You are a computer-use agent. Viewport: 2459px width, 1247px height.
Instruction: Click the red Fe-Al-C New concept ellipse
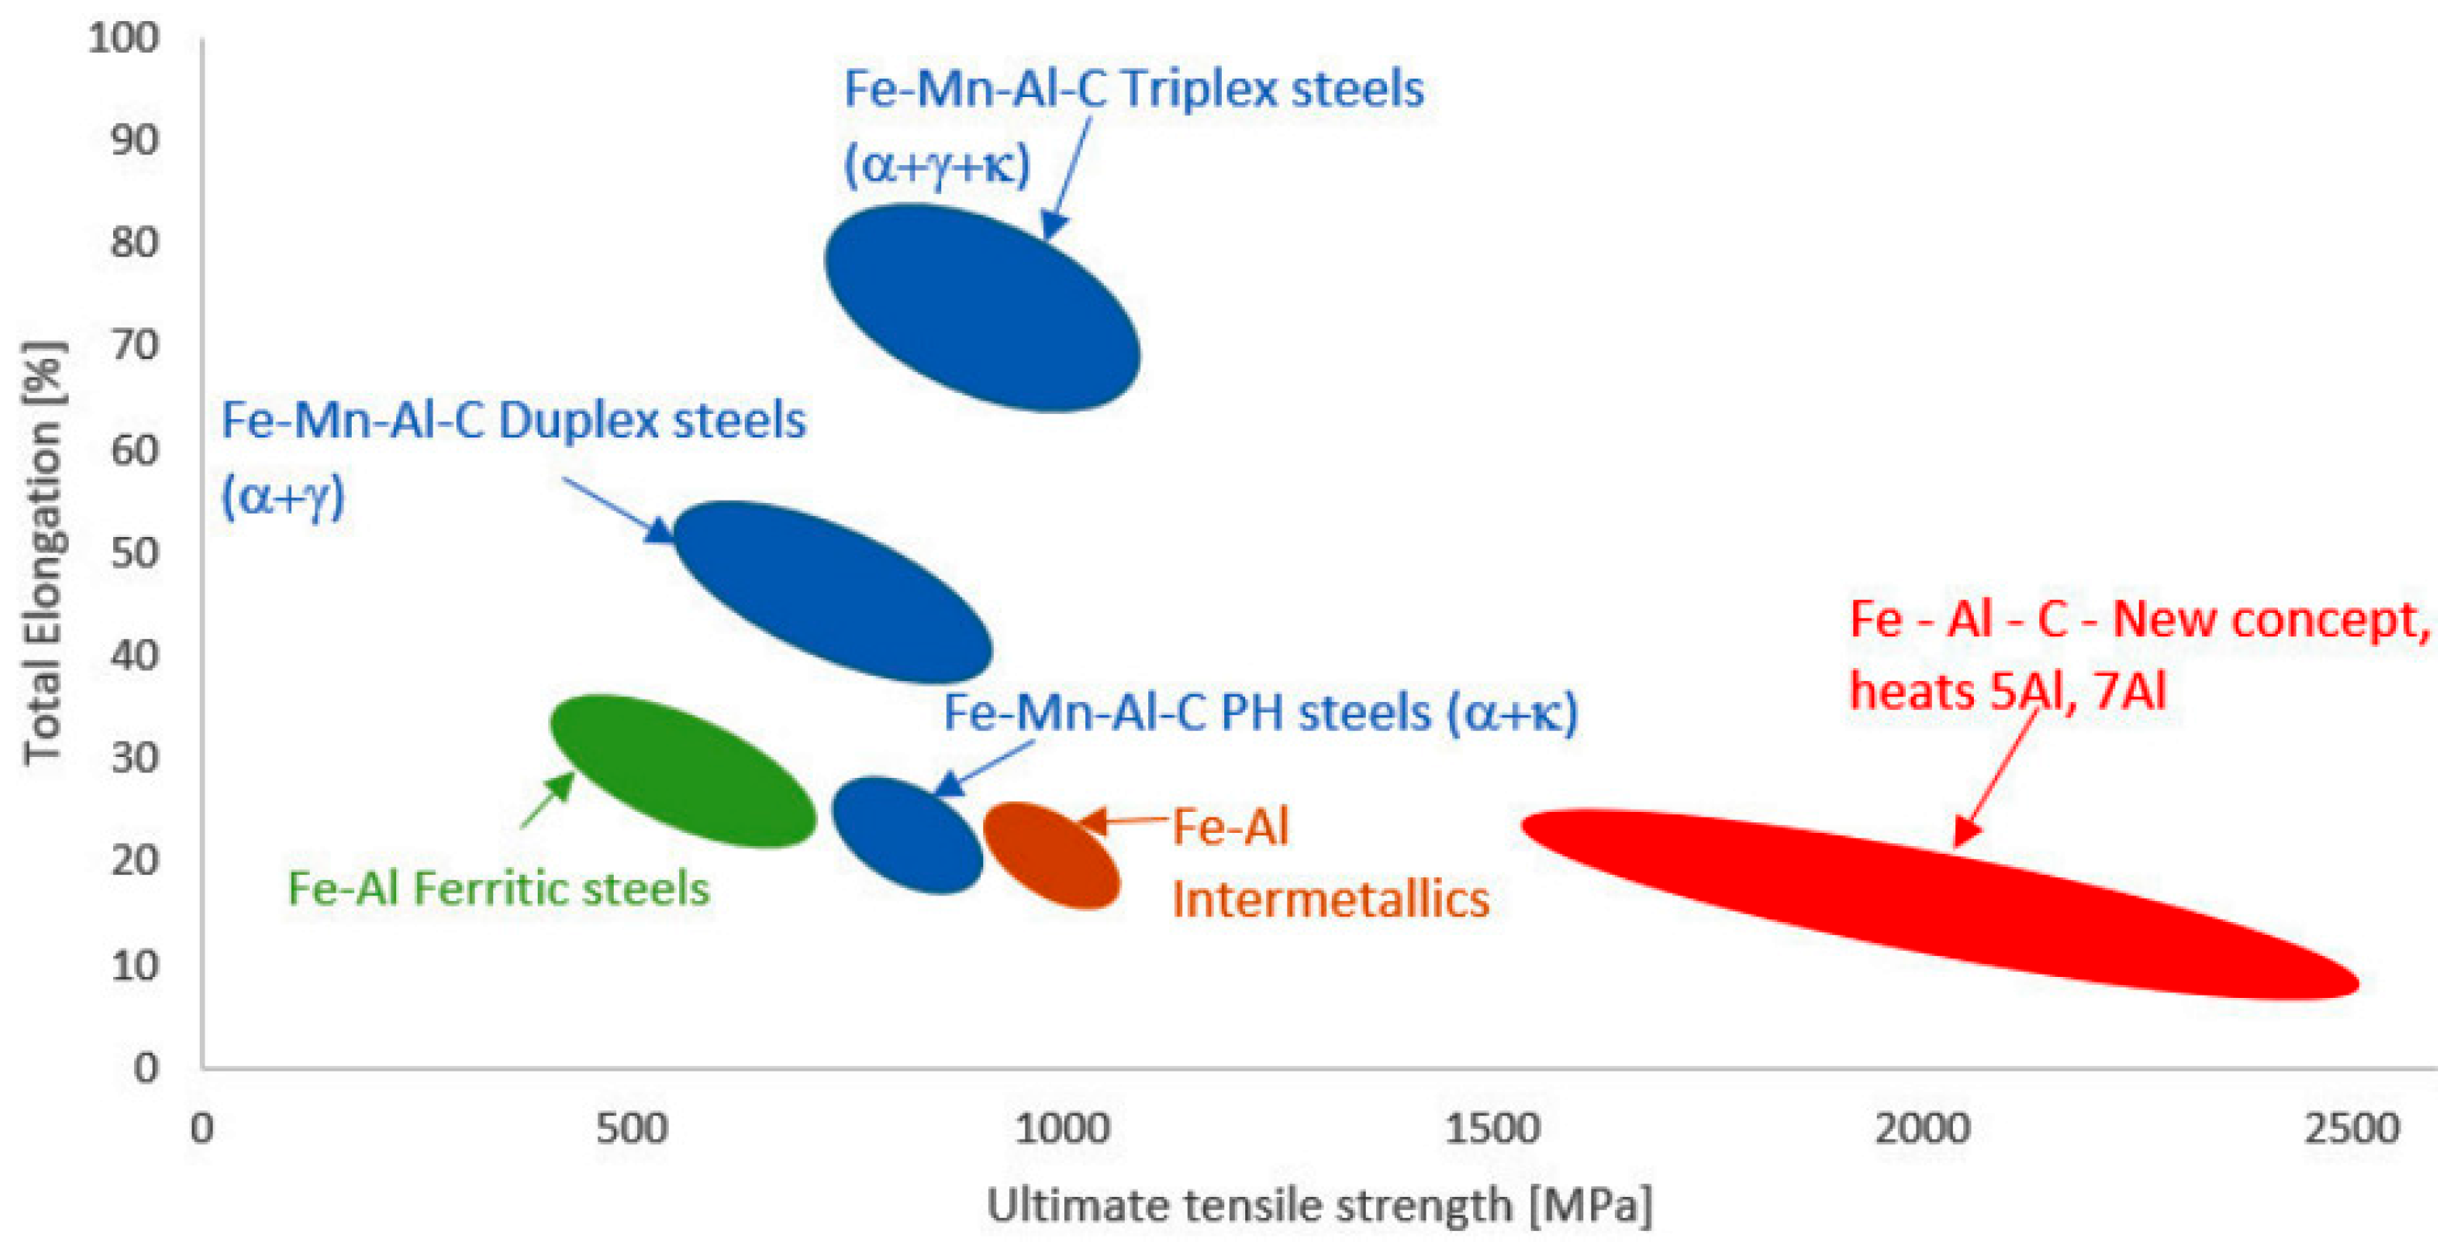tap(1937, 902)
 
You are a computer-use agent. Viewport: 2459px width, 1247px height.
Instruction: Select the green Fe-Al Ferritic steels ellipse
tap(683, 771)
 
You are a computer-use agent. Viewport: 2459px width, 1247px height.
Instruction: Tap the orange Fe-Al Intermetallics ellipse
tap(1051, 855)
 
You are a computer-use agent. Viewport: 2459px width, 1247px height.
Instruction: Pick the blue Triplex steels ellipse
tap(982, 307)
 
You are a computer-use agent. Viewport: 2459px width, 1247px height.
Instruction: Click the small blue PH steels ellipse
tap(906, 835)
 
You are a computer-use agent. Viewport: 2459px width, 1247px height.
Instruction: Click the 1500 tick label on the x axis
tap(1491, 1129)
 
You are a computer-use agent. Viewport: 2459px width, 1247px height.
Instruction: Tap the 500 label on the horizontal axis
tap(631, 1129)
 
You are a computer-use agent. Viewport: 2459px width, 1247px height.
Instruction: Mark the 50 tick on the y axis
tap(134, 553)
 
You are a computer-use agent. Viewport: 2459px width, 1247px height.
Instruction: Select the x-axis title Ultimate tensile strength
tap(1318, 1206)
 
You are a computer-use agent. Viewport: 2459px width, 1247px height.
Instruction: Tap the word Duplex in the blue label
tap(577, 421)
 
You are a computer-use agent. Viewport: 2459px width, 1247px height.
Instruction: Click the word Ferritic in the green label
tap(492, 889)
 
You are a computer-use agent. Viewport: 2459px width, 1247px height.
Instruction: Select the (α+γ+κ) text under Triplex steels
tap(937, 164)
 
